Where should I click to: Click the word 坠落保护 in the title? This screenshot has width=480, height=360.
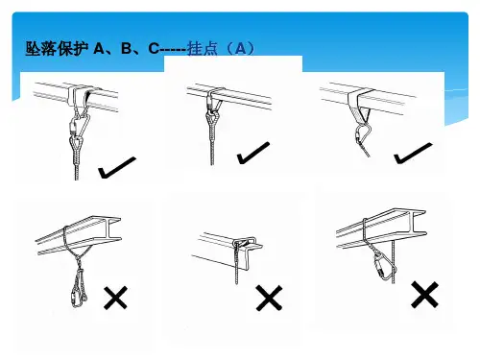[57, 49]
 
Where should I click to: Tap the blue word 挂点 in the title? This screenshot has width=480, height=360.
[203, 49]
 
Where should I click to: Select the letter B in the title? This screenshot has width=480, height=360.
[127, 49]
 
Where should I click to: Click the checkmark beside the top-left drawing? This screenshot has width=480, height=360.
[117, 167]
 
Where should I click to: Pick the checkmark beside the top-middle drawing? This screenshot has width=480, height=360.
[253, 153]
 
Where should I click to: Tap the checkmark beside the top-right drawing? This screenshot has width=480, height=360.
[413, 153]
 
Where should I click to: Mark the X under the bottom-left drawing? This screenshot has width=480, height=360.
[115, 298]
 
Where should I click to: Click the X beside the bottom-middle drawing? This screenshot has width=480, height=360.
[269, 298]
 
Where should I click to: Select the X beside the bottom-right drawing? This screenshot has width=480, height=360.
[424, 295]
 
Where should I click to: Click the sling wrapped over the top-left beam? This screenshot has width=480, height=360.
[79, 95]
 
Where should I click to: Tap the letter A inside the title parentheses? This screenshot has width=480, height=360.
[240, 49]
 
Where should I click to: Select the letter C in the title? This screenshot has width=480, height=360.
[154, 49]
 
